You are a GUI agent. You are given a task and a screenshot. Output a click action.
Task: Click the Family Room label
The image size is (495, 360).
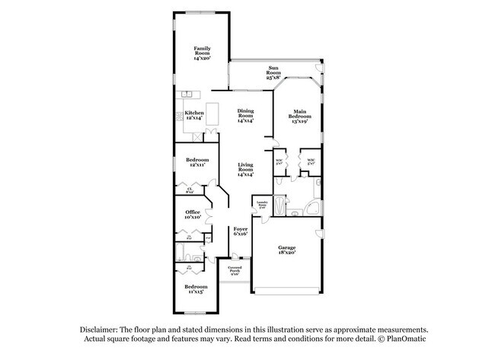[202, 53]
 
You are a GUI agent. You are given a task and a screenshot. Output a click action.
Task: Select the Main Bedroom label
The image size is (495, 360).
[299, 116]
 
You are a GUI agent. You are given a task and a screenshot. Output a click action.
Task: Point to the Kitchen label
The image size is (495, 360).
[194, 115]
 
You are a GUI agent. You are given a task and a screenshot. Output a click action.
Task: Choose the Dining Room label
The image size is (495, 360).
[245, 115]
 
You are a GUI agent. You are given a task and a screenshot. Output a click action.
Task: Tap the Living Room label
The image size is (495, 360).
[245, 170]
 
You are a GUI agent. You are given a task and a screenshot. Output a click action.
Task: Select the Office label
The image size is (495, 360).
[192, 215]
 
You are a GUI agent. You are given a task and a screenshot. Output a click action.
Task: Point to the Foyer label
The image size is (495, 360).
[241, 231]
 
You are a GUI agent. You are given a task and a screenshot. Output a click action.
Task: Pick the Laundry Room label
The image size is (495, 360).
[262, 204]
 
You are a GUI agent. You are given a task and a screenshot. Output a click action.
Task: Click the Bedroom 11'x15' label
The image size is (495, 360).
[196, 289]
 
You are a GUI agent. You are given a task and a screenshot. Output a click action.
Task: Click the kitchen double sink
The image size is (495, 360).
[188, 94]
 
